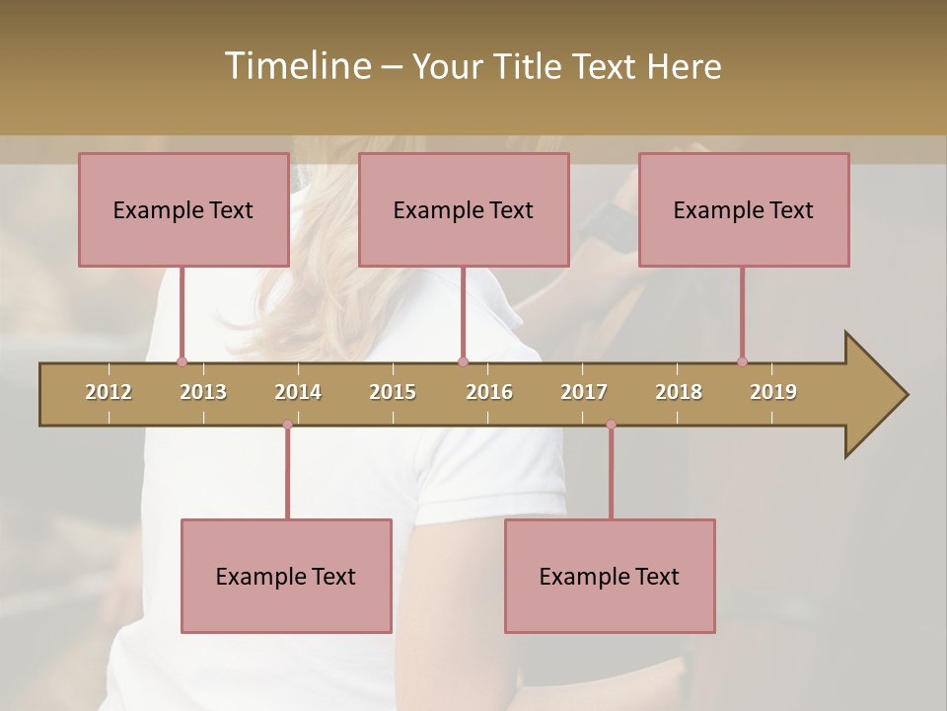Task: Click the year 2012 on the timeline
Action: (x=109, y=392)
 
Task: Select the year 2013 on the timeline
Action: (x=203, y=392)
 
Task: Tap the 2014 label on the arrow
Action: (x=298, y=392)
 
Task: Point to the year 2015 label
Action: (x=393, y=392)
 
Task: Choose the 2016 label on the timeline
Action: (x=489, y=392)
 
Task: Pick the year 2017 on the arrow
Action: (x=584, y=392)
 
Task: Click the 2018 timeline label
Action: (x=679, y=392)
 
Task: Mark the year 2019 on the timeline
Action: (x=773, y=392)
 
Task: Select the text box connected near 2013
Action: (x=183, y=209)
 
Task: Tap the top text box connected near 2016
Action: (x=464, y=209)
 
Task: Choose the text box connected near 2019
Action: (x=744, y=209)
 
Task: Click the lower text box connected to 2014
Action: (x=286, y=576)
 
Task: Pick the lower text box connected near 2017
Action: (x=610, y=576)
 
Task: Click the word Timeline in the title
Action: (x=296, y=66)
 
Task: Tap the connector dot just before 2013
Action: (x=182, y=361)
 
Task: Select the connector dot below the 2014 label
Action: (x=287, y=425)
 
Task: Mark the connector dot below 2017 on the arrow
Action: (x=611, y=425)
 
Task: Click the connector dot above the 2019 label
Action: (x=742, y=361)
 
